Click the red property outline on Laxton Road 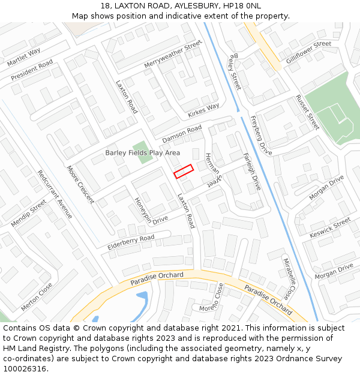pos(184,171)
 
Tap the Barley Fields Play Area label pos(142,153)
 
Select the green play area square pos(140,147)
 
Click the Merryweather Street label pos(173,55)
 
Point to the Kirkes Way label pos(203,110)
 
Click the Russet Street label pos(307,112)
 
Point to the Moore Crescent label pos(80,184)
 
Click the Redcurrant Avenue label pos(55,194)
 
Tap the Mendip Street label pos(28,214)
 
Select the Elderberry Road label pos(131,242)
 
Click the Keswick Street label pos(329,227)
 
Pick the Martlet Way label pos(24,58)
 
